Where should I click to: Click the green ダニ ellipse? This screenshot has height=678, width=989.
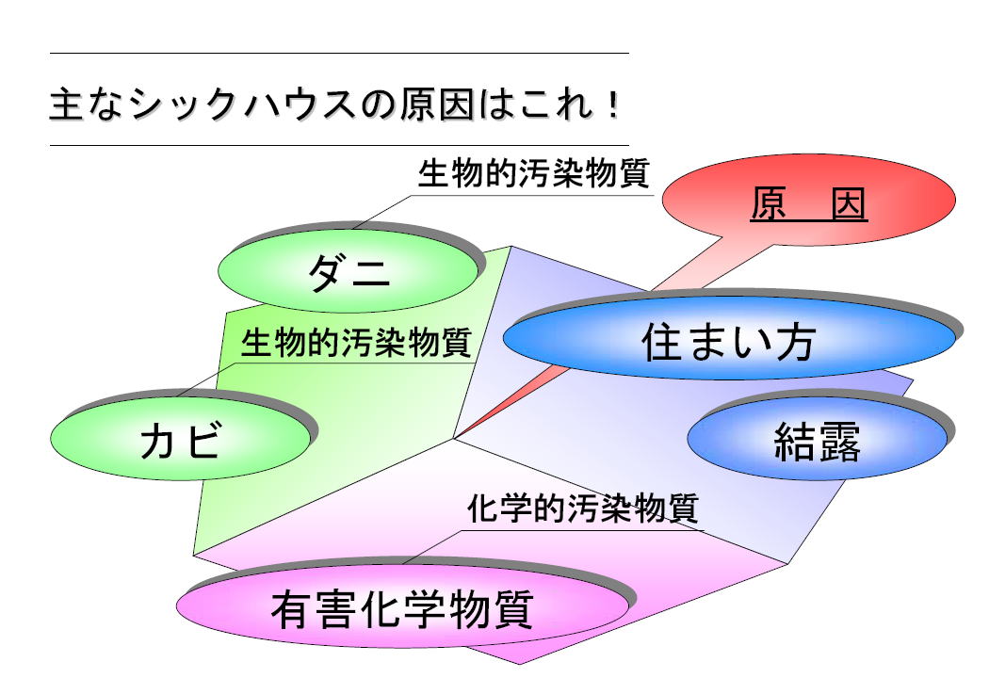point(348,270)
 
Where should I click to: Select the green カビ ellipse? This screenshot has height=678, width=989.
point(181,438)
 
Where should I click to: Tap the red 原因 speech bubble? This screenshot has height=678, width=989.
point(808,201)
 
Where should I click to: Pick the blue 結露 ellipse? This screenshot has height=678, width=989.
point(817,438)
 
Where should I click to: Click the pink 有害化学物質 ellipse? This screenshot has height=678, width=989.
point(402,606)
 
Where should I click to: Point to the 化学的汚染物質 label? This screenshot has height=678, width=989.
point(583,508)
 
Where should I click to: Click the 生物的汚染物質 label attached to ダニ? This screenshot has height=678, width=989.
point(534,173)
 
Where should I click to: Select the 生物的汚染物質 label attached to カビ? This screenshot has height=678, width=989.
point(356,343)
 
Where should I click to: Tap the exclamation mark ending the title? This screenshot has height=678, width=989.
point(611,105)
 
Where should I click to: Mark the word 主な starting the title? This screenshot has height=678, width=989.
point(87,105)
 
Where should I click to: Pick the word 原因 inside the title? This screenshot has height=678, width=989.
point(436,105)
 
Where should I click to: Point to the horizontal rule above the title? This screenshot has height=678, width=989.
point(339,54)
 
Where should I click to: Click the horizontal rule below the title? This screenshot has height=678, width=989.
point(339,146)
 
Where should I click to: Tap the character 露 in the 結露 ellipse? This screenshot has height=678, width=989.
point(839,442)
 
